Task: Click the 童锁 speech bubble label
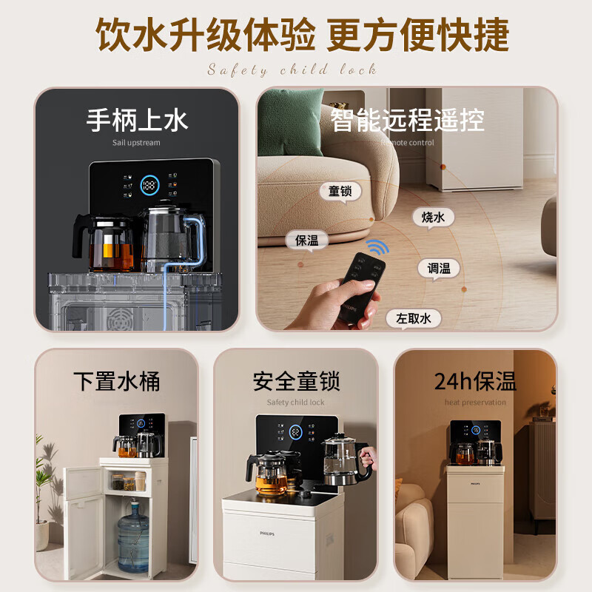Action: pos(340,191)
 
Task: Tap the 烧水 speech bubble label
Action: pos(433,217)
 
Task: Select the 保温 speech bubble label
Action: pos(306,240)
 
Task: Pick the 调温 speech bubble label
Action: pos(439,269)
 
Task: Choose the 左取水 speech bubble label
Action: pos(413,319)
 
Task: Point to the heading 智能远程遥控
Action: pos(407,119)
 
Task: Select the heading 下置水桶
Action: pos(116,382)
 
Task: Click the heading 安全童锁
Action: pos(296,382)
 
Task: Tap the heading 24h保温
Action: pos(475,382)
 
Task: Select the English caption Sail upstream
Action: pos(136,143)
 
